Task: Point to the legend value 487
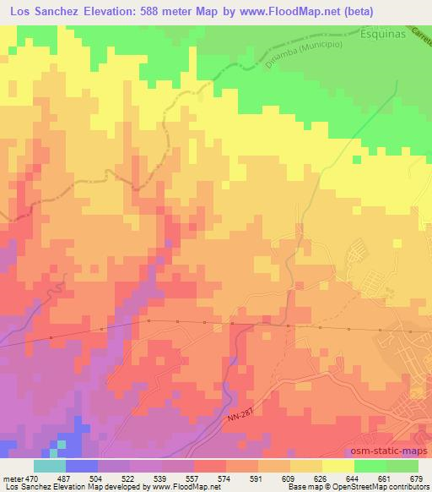click(x=66, y=478)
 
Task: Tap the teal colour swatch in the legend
click(x=50, y=466)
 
